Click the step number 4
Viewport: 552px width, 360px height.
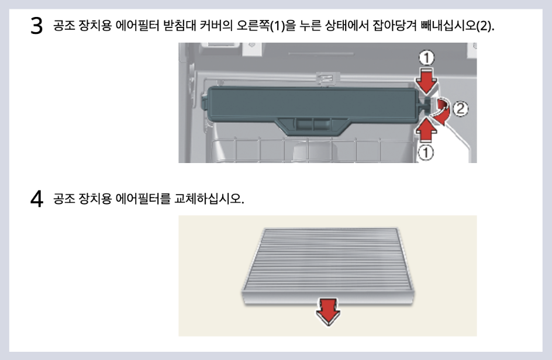point(37,199)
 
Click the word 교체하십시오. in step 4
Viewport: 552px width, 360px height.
point(209,199)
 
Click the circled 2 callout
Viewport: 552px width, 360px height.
point(461,108)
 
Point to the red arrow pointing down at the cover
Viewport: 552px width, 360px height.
point(428,81)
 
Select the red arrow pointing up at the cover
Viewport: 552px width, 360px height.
point(428,129)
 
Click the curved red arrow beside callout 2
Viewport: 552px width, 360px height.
point(444,111)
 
